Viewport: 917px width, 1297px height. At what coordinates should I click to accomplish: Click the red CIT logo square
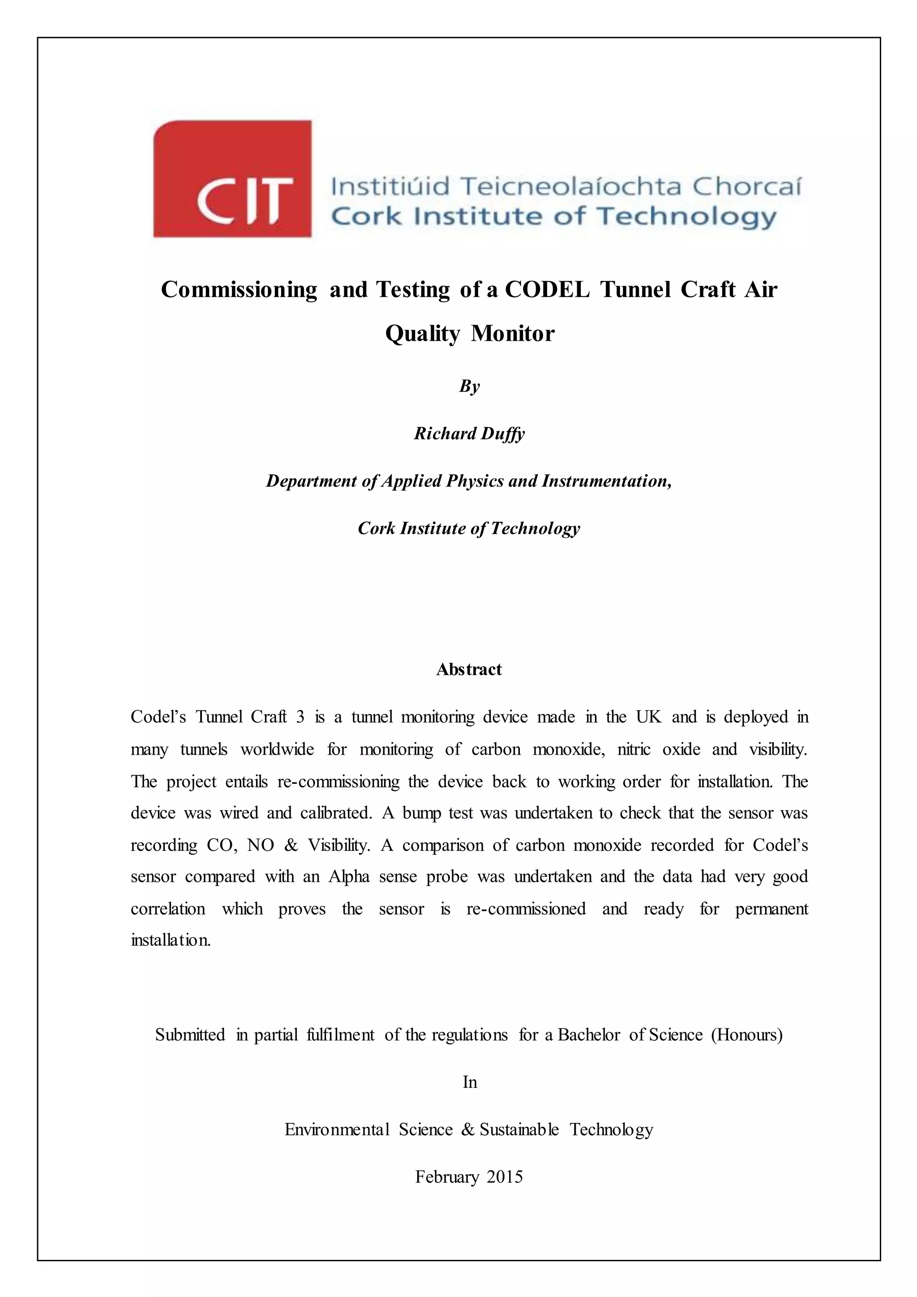[x=232, y=179]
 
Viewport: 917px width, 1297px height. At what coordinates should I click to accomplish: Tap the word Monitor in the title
[x=513, y=333]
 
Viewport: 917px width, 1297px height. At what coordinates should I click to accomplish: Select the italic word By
[x=469, y=387]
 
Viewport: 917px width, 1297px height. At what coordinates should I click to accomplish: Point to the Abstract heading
[x=469, y=670]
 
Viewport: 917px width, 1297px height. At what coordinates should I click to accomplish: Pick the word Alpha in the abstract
[x=349, y=877]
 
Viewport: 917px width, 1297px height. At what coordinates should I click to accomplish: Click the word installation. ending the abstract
[x=171, y=941]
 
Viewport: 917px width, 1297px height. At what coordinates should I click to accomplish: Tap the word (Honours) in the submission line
[x=746, y=1035]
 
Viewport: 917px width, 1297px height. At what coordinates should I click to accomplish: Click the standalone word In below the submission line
[x=470, y=1082]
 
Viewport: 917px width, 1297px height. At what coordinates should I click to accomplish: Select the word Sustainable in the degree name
[x=519, y=1130]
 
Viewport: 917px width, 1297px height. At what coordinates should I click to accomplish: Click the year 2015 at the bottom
[x=505, y=1177]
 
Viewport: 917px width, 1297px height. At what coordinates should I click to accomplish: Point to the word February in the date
[x=447, y=1177]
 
